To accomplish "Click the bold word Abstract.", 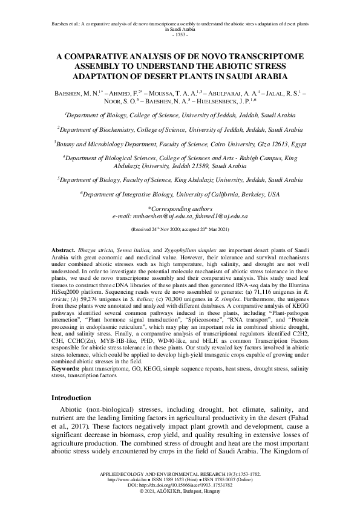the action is pyautogui.click(x=63, y=267).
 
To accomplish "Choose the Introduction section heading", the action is pyautogui.click(x=71, y=398).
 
